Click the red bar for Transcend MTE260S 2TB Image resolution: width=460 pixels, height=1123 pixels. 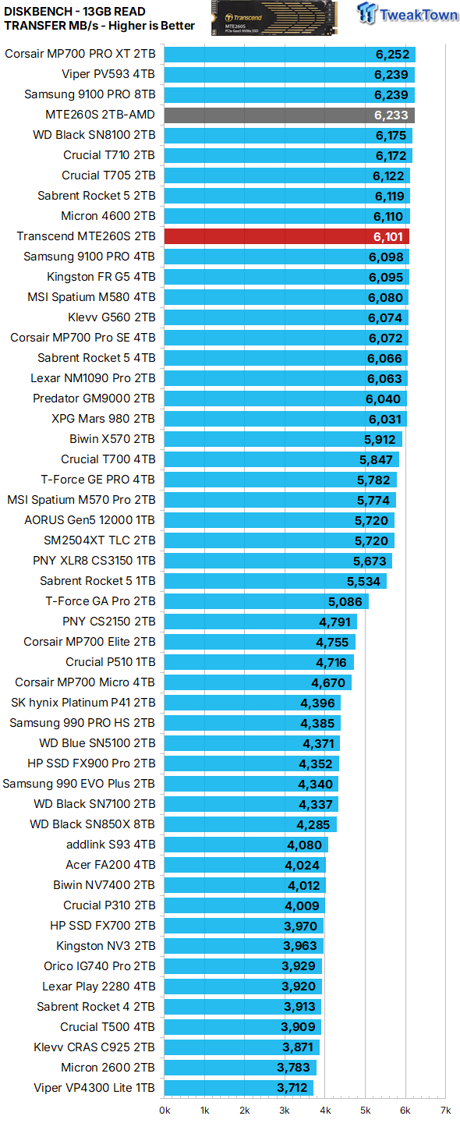(x=286, y=236)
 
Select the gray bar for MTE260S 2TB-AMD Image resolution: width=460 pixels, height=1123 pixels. (x=288, y=115)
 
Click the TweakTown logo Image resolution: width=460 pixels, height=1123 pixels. (x=409, y=14)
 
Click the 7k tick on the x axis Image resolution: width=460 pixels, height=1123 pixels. (x=445, y=1109)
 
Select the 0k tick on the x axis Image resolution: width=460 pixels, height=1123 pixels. (x=165, y=1109)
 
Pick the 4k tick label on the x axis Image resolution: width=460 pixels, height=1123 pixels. (x=325, y=1109)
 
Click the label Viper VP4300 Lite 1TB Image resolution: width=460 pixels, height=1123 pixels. (x=94, y=1088)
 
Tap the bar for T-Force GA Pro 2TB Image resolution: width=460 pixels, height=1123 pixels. (x=265, y=601)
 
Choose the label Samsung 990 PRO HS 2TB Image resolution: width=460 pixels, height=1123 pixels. (x=82, y=723)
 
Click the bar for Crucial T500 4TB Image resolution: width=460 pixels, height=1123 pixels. (x=242, y=1027)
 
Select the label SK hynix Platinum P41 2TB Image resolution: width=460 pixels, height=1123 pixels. (x=83, y=703)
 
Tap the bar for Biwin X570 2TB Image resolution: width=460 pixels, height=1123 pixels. (x=282, y=439)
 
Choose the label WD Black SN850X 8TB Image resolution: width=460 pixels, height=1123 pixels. (x=92, y=824)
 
